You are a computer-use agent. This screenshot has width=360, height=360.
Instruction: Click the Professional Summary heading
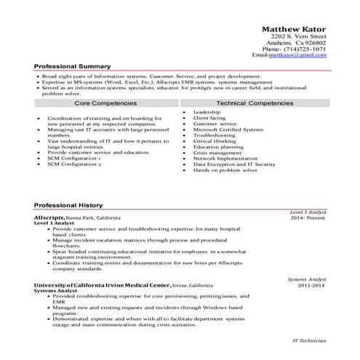tap(72, 66)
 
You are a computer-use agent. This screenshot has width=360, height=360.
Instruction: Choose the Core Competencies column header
tap(104, 104)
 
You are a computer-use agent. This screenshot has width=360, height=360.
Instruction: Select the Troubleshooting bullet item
tap(214, 135)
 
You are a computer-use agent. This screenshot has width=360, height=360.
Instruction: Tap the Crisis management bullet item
tap(217, 153)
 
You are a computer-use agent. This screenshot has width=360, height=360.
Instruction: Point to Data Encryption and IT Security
tap(233, 164)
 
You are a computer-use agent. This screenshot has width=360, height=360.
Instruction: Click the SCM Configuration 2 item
tap(74, 164)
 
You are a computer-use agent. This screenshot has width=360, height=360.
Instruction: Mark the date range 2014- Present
tap(307, 217)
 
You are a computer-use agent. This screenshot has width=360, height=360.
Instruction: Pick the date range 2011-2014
tap(311, 286)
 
